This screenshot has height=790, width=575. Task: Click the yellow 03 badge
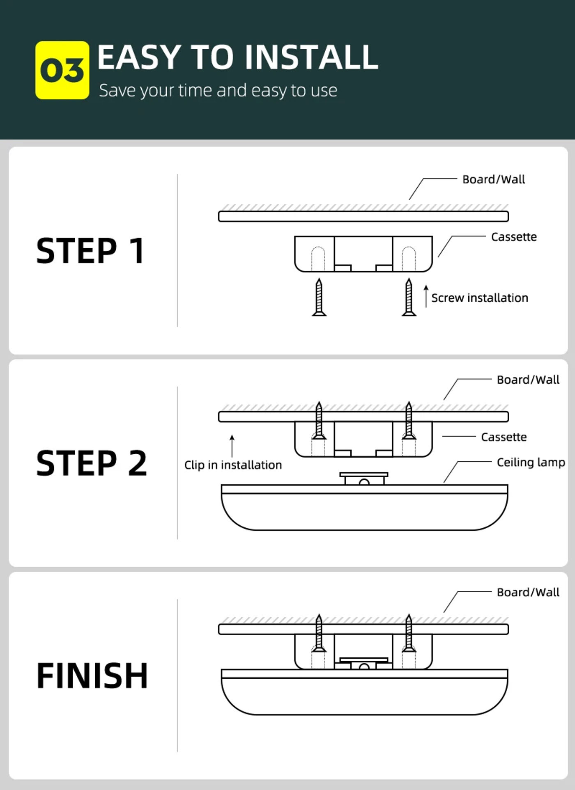62,70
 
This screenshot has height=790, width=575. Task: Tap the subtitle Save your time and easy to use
218,90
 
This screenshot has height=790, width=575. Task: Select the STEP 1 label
90,251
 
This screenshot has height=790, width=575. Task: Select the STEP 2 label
92,463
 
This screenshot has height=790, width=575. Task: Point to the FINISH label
92,676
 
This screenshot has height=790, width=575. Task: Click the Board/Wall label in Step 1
493,179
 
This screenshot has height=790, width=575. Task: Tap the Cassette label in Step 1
514,237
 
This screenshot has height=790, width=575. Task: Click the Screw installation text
479,298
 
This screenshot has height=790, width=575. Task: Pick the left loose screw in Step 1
319,298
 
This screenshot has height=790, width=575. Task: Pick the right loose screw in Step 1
409,298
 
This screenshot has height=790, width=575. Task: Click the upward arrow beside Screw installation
426,295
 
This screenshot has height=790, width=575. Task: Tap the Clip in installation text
233,465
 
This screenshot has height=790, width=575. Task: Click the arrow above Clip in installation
232,446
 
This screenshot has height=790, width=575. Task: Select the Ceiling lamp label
531,463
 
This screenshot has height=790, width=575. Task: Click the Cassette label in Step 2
504,437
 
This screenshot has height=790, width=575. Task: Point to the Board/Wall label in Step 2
528,380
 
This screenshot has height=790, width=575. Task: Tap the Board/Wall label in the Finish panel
528,592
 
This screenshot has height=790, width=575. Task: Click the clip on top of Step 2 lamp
363,479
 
